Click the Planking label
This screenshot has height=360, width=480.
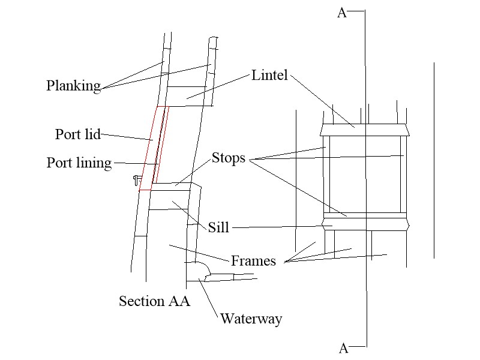point(73,86)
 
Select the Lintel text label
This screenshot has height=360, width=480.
point(269,76)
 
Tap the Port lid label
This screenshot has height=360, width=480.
point(77,134)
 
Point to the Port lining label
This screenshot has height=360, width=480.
point(79,163)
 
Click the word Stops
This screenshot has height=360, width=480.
point(229,159)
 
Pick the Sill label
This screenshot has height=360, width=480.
point(218,228)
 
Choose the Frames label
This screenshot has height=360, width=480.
point(253,261)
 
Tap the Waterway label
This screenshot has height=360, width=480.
point(251,319)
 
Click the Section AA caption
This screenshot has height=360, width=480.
point(154,301)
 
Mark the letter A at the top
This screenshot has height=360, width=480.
point(342,13)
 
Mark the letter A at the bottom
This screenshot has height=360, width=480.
point(343,348)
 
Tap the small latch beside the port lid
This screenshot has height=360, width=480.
point(137,179)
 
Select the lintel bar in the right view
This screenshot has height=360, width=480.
point(365,130)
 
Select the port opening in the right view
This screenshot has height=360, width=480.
point(365,174)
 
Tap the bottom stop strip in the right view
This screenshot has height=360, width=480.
point(365,215)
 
